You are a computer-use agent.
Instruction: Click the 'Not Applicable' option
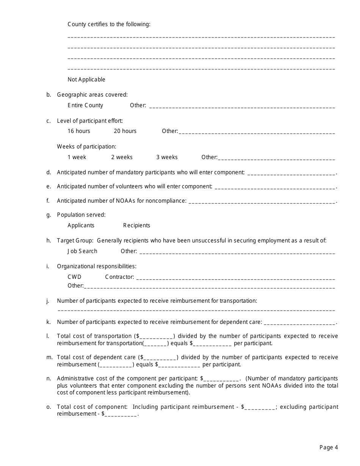click(86, 80)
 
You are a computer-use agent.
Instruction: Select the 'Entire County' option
click(85, 105)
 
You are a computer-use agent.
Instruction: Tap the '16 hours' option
click(79, 131)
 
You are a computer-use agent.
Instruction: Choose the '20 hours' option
click(125, 131)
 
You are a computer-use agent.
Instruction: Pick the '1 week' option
click(77, 157)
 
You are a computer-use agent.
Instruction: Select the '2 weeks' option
click(122, 157)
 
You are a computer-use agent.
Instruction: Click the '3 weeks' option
click(167, 157)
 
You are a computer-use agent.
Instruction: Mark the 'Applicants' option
click(81, 225)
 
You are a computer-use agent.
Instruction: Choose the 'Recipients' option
click(136, 225)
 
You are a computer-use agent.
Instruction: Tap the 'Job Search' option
click(82, 251)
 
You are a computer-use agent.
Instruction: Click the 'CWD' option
click(74, 277)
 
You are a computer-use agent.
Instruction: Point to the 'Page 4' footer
click(329, 447)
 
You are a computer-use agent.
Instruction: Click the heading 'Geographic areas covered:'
click(92, 95)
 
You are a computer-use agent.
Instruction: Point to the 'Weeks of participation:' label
click(86, 147)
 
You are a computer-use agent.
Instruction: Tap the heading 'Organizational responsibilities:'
click(97, 266)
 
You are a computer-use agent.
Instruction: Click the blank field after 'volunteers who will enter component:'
click(275, 187)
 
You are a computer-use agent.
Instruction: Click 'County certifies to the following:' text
click(109, 24)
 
